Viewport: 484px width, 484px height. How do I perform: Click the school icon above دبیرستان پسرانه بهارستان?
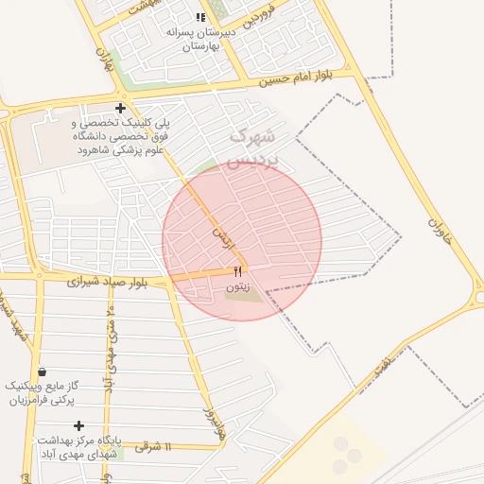click(x=199, y=17)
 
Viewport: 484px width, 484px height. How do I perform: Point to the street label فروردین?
click(x=267, y=14)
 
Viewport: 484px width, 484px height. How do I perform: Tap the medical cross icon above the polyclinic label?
click(x=120, y=108)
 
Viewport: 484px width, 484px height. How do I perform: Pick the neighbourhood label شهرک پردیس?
click(x=255, y=147)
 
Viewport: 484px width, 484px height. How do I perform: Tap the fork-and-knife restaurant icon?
click(x=237, y=271)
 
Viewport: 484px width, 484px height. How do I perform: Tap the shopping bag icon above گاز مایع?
click(x=41, y=372)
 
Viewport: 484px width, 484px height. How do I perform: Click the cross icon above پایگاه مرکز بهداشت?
click(x=78, y=426)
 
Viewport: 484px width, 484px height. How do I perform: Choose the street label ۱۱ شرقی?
click(x=153, y=446)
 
